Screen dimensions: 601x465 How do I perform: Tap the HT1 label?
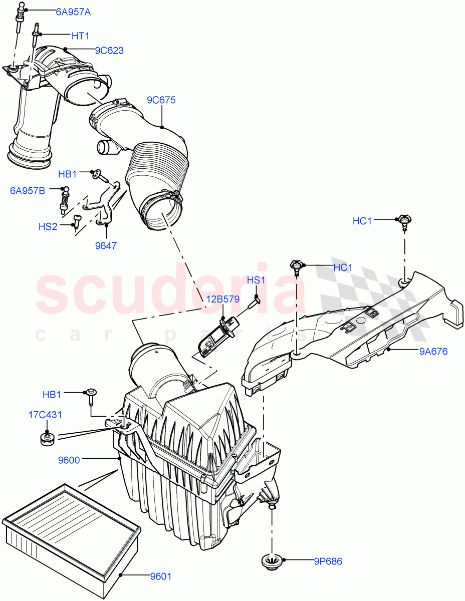tap(81, 36)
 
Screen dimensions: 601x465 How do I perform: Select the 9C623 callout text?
tap(109, 51)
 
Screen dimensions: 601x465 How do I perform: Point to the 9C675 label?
tap(161, 100)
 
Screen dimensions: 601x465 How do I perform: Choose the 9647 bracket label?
tap(106, 246)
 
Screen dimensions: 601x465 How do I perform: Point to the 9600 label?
tap(69, 459)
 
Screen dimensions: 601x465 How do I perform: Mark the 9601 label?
tap(161, 576)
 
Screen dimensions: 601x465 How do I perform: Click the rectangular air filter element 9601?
tap(70, 531)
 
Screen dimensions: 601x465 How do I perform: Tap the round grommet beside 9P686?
tap(272, 562)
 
